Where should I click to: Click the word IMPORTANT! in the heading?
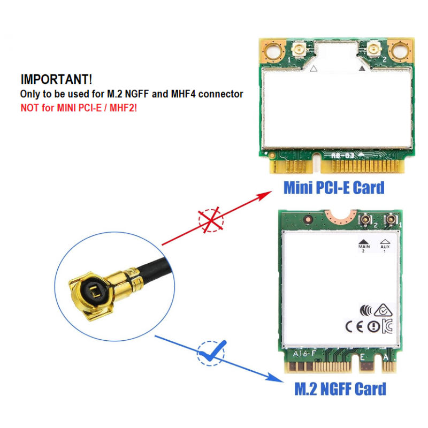point(56,80)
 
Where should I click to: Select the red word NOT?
point(29,108)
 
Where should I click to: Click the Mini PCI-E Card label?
point(334,188)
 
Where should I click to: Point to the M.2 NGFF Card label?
point(340,388)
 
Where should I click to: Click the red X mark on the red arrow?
point(211,220)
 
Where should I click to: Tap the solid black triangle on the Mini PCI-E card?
point(362,68)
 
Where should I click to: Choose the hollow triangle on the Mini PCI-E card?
point(314,68)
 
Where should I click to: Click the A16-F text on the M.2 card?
point(304,353)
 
